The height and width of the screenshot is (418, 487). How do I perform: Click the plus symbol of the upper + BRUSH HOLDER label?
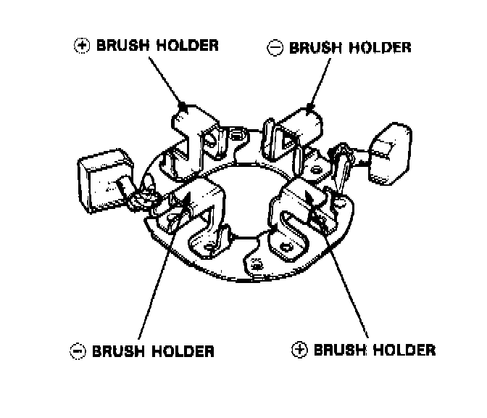(x=81, y=45)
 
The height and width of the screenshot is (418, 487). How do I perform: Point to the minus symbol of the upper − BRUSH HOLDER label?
(x=274, y=48)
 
